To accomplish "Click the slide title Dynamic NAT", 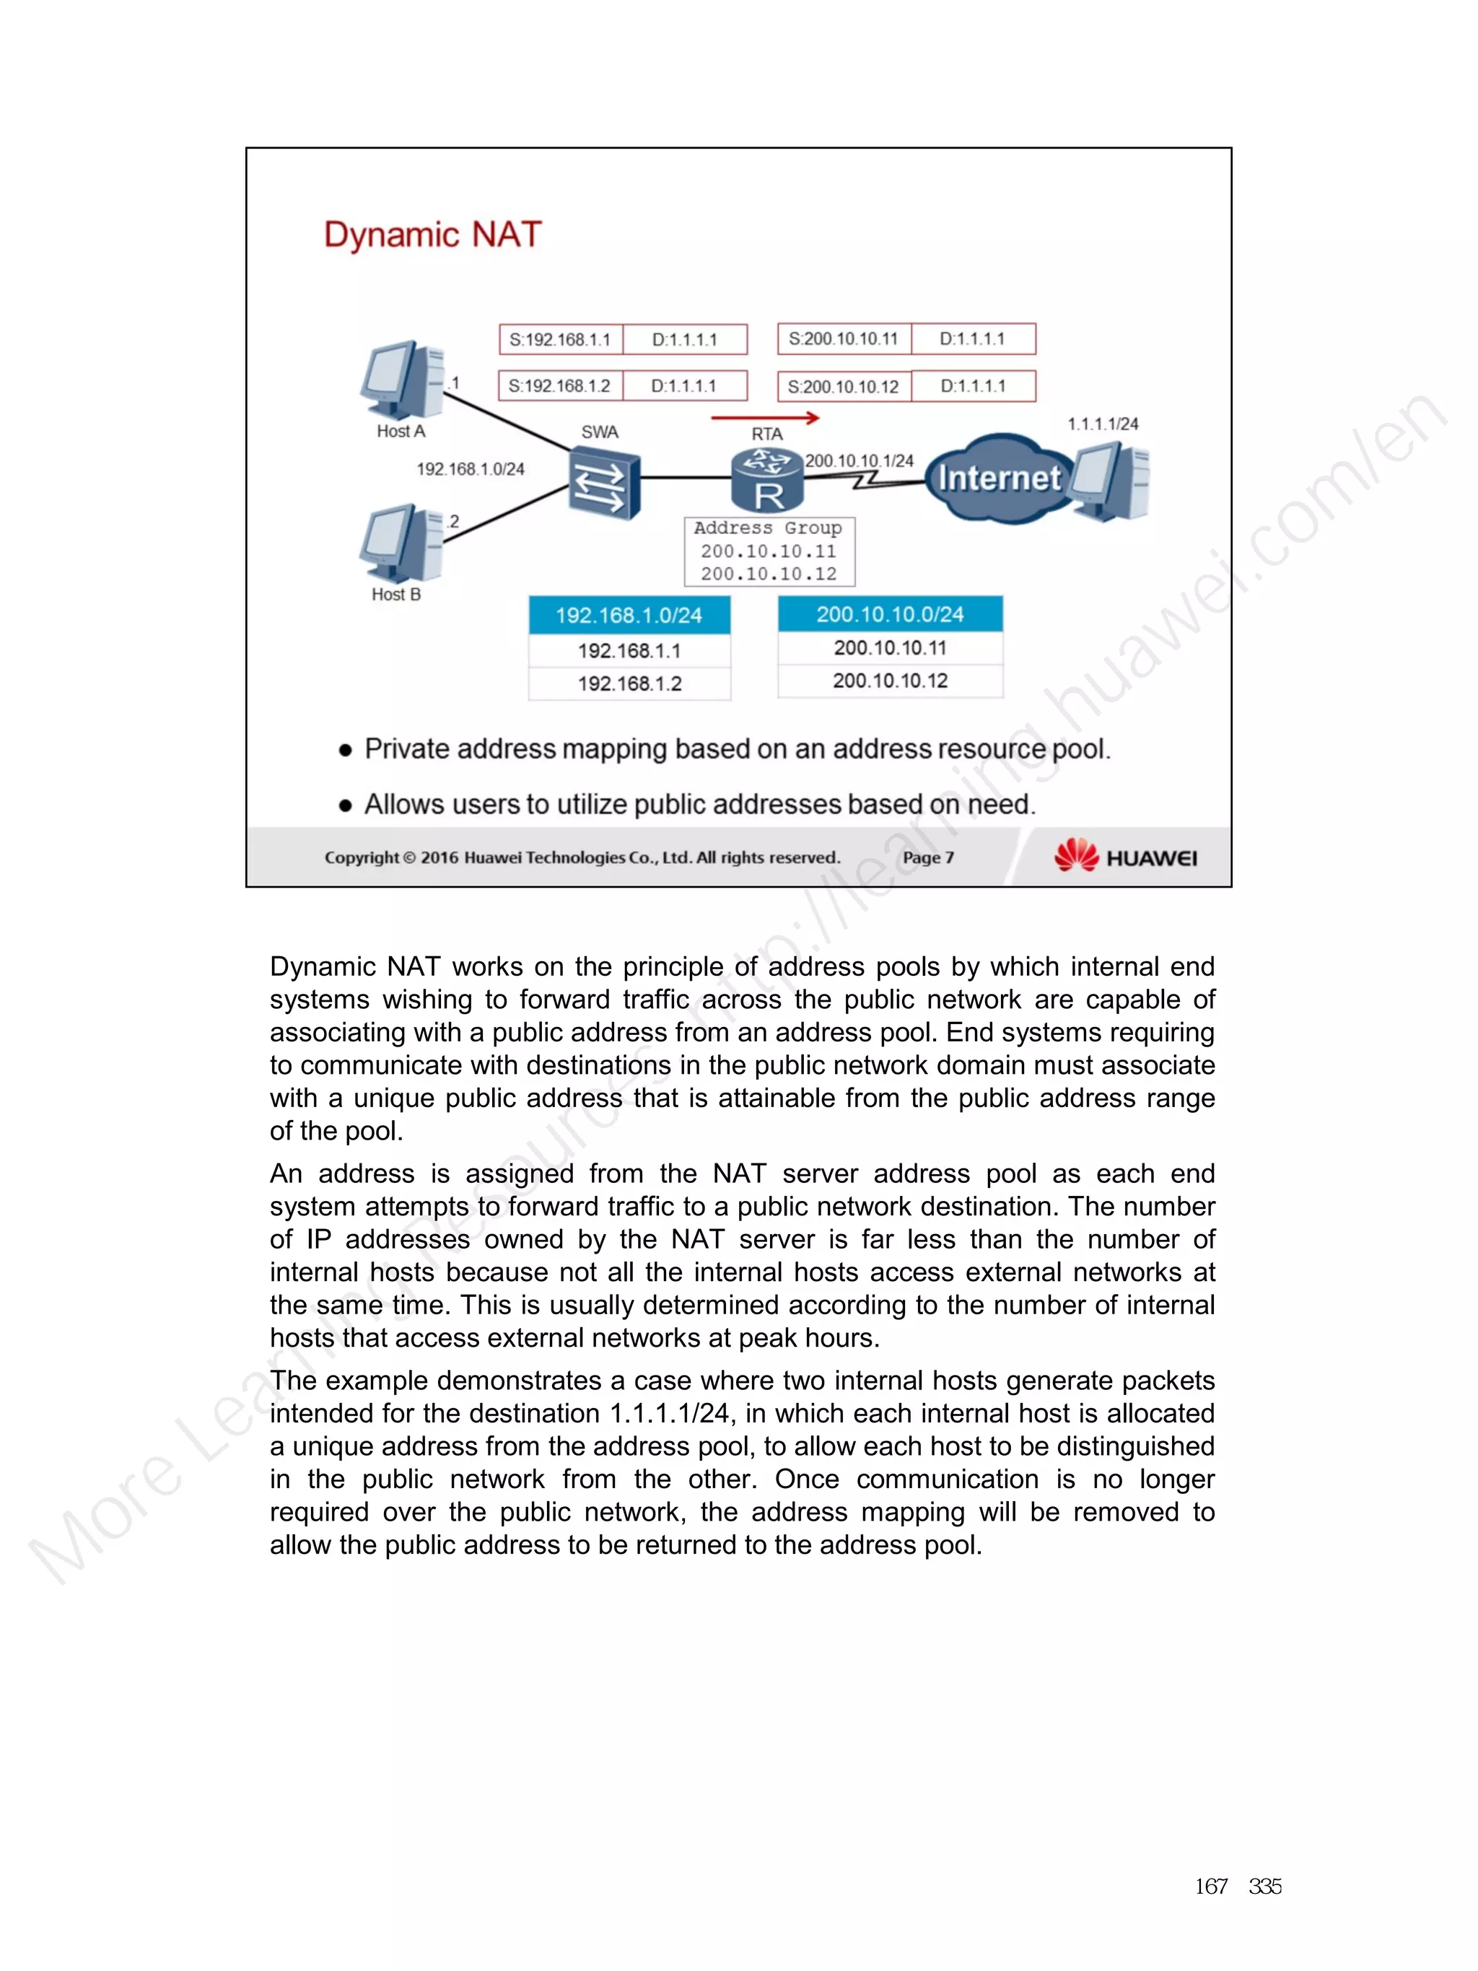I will coord(432,235).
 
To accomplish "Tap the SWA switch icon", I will coord(604,484).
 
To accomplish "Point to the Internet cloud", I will coord(999,478).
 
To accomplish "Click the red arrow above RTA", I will coord(764,417).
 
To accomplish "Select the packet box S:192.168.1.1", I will coord(560,339).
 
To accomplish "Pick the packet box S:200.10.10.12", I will coord(843,387).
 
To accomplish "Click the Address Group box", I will coord(769,551).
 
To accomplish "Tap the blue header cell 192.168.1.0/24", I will coord(629,615).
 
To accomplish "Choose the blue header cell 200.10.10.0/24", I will coord(890,614).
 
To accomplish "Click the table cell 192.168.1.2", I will coord(629,683).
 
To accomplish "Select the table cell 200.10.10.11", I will coord(890,648).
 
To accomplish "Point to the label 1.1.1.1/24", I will coord(1102,424).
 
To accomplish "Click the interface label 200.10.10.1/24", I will coord(859,460).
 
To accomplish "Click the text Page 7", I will coord(927,857).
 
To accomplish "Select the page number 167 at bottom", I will coord(1211,1887).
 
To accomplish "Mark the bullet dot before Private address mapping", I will coord(346,751).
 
